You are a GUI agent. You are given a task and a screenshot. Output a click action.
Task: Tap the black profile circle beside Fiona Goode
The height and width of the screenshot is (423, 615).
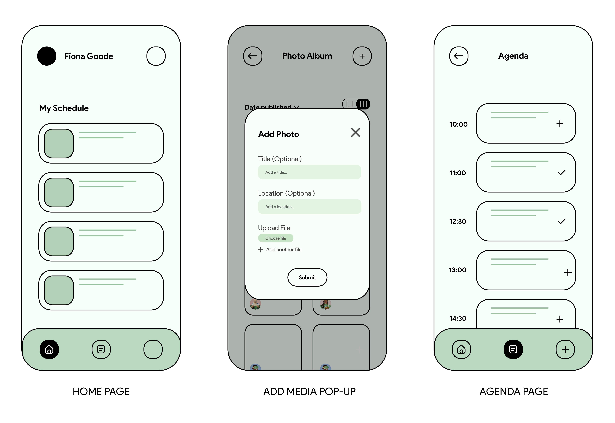tap(47, 56)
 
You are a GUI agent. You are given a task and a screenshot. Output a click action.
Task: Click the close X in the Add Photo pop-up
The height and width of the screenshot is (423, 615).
tap(355, 133)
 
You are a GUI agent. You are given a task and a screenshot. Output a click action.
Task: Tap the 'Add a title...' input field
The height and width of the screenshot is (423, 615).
tap(309, 172)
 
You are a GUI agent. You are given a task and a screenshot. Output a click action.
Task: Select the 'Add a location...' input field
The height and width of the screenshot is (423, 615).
tap(309, 207)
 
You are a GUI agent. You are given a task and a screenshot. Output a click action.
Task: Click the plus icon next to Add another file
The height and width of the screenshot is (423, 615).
tap(261, 250)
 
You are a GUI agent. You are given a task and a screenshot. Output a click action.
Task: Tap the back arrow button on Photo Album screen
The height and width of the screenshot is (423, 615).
tap(253, 56)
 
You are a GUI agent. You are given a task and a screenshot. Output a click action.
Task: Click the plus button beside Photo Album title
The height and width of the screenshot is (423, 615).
tap(362, 56)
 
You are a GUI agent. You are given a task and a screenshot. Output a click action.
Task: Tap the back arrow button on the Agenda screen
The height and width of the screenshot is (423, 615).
tap(459, 56)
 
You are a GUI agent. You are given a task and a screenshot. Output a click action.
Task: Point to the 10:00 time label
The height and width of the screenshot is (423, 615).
tap(458, 124)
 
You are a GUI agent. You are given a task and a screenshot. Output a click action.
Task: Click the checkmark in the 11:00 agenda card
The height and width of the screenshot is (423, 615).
tap(562, 173)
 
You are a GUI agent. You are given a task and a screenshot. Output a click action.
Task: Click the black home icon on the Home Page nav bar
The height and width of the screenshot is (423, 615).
tap(49, 349)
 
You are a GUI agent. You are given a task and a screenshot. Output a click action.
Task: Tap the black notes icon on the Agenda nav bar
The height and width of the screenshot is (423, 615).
tap(513, 349)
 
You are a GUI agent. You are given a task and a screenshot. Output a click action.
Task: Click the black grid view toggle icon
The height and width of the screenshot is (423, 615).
tap(363, 104)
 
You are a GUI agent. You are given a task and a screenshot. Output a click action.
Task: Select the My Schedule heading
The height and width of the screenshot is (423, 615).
tap(64, 108)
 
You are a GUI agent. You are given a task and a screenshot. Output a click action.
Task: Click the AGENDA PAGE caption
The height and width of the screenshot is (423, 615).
tap(514, 391)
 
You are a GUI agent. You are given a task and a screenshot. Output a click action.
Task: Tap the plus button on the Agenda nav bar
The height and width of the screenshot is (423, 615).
tap(565, 349)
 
